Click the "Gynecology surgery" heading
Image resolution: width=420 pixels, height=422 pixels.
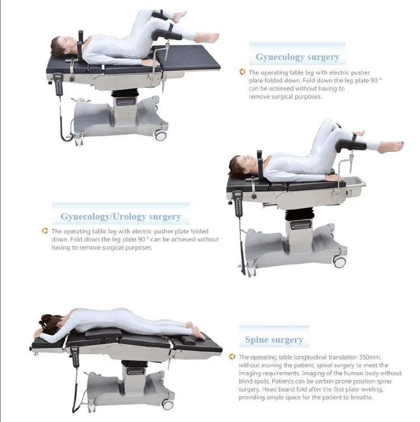[x=297, y=57]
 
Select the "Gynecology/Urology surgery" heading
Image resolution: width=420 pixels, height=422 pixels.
[x=121, y=217]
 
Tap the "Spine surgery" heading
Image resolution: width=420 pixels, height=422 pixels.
[x=274, y=340]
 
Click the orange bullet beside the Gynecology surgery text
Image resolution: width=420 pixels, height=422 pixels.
[x=242, y=72]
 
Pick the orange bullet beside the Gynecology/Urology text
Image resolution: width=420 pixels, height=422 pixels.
[x=45, y=231]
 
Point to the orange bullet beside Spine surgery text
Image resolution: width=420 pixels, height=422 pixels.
[x=232, y=357]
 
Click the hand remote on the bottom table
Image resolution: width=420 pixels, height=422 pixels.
[x=74, y=358]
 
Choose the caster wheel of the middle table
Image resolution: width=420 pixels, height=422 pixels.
[x=339, y=261]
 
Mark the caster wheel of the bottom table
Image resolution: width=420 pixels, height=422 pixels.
[x=167, y=405]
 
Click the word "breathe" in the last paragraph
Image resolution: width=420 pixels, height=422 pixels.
[x=358, y=397]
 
